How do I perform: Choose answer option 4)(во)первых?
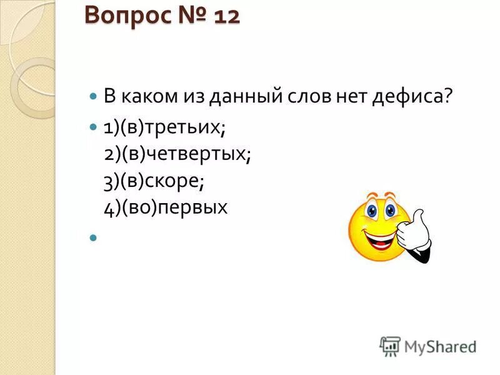(x=166, y=207)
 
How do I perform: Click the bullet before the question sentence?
(x=94, y=97)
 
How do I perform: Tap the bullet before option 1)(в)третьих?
(x=94, y=126)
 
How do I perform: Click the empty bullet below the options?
(x=94, y=237)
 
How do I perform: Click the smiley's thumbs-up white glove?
(x=414, y=234)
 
